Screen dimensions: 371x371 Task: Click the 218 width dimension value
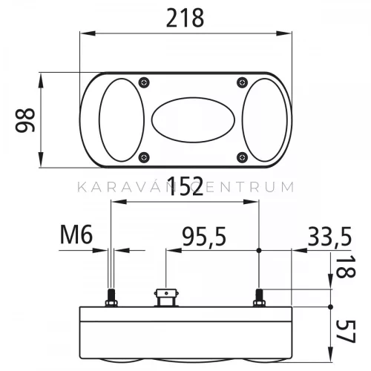(185, 18)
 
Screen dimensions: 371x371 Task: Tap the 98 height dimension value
(25, 120)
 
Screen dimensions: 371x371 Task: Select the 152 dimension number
(185, 186)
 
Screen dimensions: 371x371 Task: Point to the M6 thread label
(76, 234)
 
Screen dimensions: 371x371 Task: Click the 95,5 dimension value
(204, 237)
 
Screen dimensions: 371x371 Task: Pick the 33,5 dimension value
(329, 237)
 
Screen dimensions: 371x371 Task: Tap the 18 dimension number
(346, 266)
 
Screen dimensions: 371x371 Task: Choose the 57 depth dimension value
(346, 332)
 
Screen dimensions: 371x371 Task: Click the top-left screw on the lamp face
(144, 82)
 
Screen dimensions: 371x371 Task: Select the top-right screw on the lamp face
(242, 82)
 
